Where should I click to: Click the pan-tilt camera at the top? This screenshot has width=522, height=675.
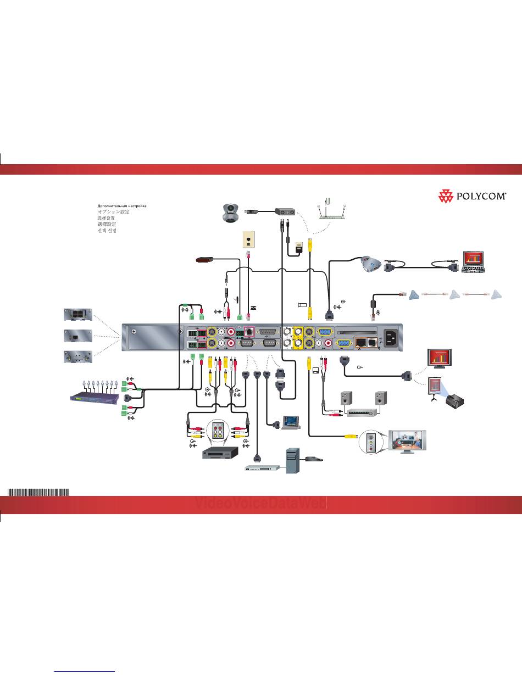point(231,211)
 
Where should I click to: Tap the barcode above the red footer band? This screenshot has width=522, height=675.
point(38,492)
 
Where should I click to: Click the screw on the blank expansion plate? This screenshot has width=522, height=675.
point(134,332)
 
